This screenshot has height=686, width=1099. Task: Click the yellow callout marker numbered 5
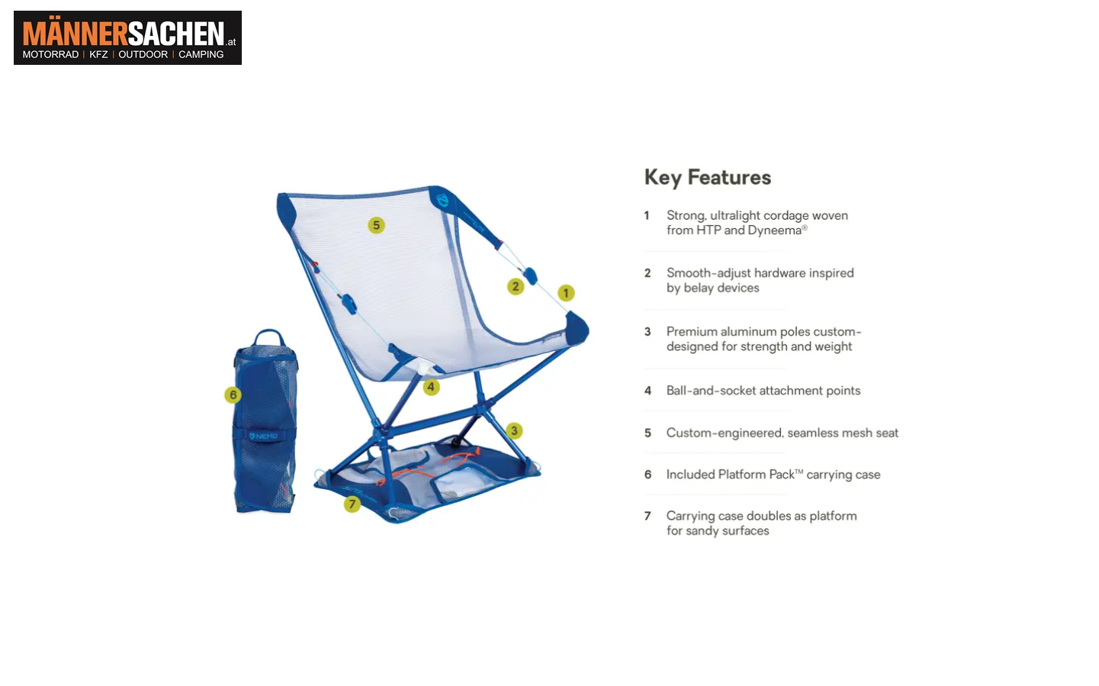[376, 225]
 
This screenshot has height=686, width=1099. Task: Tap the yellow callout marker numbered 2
[515, 286]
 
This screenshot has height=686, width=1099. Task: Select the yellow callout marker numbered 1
[566, 293]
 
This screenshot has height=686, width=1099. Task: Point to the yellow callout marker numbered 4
[431, 387]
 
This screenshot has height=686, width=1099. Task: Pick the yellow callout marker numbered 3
[514, 430]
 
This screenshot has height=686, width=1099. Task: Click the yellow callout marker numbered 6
[233, 395]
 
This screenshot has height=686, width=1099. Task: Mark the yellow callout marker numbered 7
[352, 504]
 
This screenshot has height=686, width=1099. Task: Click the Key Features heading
[708, 178]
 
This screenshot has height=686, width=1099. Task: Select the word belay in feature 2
[698, 288]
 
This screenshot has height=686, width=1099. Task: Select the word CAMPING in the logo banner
[201, 54]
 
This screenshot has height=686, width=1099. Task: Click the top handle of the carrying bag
[269, 337]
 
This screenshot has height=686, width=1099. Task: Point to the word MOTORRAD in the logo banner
[50, 54]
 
